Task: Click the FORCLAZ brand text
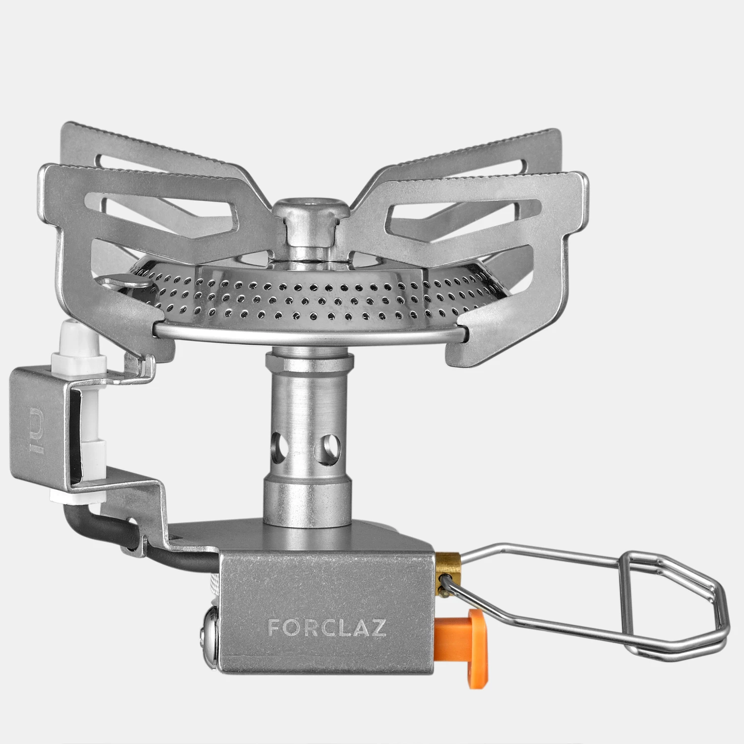point(327,627)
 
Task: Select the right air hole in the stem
point(328,441)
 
